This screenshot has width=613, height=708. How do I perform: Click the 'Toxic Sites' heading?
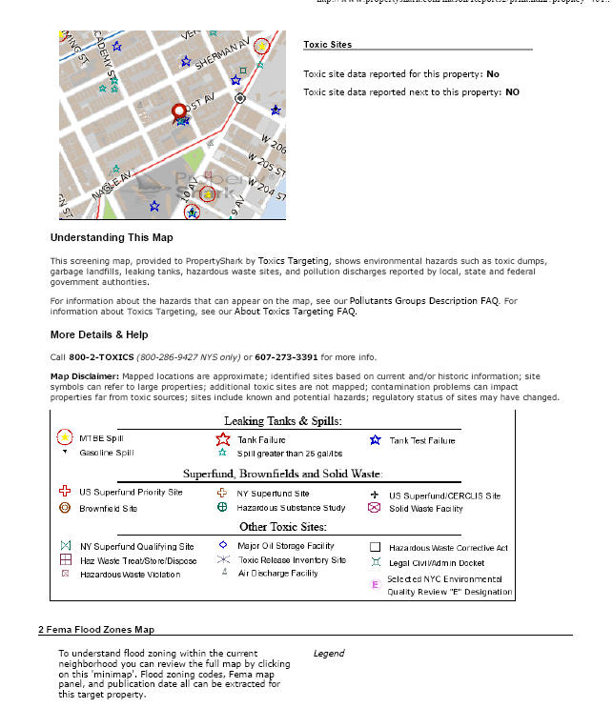(x=327, y=45)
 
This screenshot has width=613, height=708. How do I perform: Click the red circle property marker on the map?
(x=178, y=111)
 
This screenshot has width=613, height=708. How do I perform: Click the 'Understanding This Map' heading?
(x=112, y=237)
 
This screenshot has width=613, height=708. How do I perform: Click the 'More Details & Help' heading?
(x=99, y=335)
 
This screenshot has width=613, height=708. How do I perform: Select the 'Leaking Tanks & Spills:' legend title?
(x=282, y=420)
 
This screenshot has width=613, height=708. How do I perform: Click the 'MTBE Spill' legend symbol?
(x=64, y=438)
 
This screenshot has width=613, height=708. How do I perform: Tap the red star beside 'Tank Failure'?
(x=223, y=440)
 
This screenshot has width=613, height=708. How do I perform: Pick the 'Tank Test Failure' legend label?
(x=422, y=440)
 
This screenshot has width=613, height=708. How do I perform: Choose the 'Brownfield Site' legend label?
(x=108, y=509)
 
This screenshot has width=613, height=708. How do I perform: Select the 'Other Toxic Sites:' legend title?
(x=282, y=527)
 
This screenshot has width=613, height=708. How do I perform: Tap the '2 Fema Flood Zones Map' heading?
(x=96, y=629)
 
